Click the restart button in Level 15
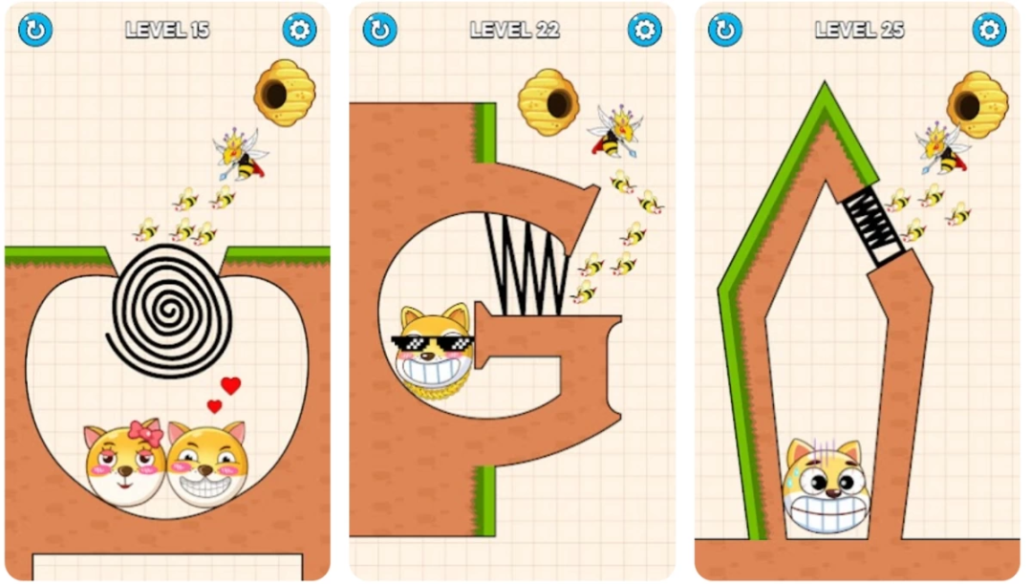click(35, 30)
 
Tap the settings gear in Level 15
click(299, 30)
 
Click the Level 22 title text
click(515, 30)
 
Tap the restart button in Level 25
click(725, 30)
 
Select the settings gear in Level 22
click(644, 30)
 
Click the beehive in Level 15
click(285, 93)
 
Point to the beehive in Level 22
click(548, 102)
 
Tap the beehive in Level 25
click(978, 105)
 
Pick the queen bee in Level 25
click(941, 148)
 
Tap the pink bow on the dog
click(145, 432)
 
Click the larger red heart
click(230, 385)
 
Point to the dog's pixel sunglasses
click(433, 343)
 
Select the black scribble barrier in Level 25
click(872, 226)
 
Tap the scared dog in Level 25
click(827, 486)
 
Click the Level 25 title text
click(859, 30)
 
